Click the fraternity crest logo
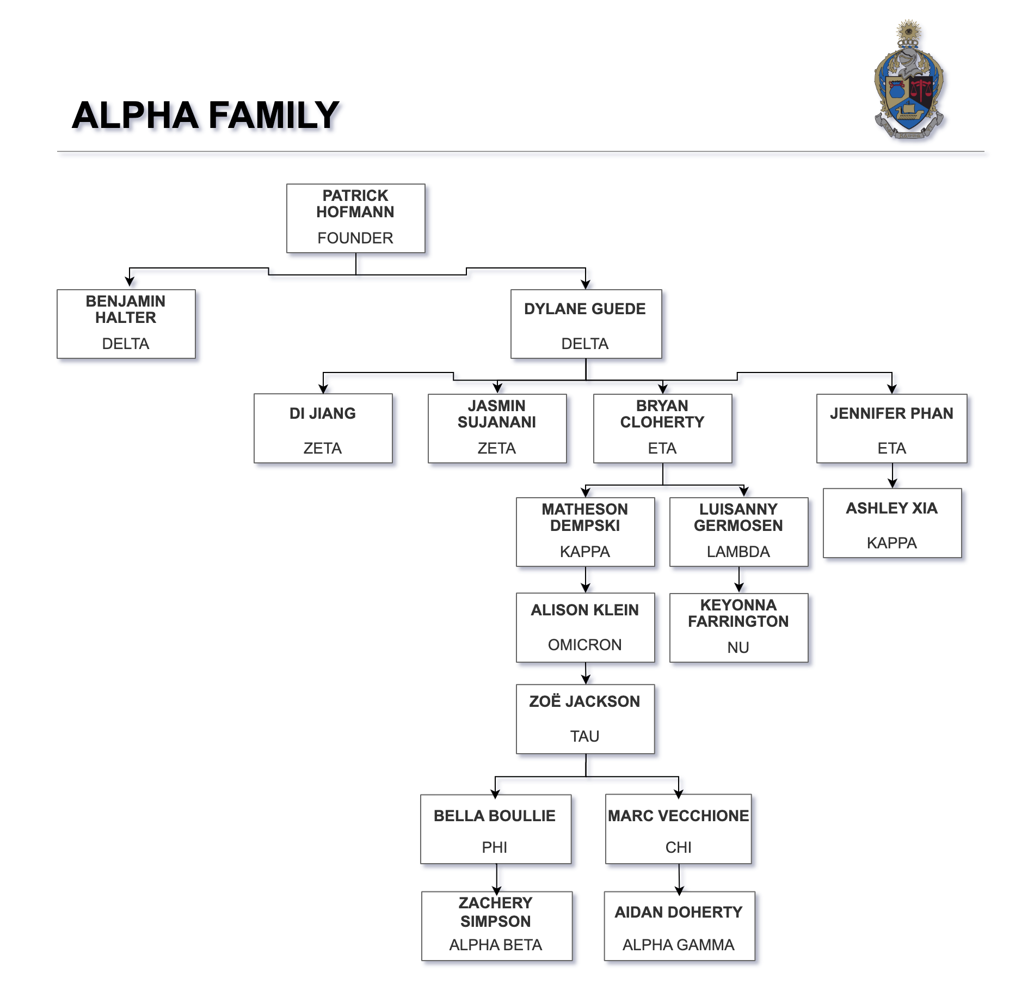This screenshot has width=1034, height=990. pos(909,82)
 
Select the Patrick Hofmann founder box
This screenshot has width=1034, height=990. pos(355,218)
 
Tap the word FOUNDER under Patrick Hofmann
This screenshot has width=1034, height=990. pos(355,238)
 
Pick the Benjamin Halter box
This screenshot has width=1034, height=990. pos(126,323)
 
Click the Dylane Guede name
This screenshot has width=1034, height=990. pos(584,309)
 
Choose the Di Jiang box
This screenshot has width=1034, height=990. pos(323,428)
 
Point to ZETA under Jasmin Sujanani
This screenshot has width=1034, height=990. pos(496,448)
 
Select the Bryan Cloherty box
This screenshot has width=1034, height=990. pos(662,428)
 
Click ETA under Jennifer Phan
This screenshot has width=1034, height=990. pos(891,448)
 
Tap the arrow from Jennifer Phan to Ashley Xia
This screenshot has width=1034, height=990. pos(892,476)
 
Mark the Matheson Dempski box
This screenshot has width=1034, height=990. pos(585,531)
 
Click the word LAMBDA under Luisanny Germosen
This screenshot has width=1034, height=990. pos(738,552)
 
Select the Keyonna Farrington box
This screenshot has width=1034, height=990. pos(738,627)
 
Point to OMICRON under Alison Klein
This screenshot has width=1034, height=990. pos(584,645)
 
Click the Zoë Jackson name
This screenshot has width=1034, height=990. pos(584,701)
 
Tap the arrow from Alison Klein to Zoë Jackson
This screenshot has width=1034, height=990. pos(586,674)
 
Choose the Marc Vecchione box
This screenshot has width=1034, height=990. pos(678,829)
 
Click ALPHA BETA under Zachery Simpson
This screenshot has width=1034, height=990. pos(495,945)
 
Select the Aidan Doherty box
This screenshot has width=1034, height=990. pos(679,926)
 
